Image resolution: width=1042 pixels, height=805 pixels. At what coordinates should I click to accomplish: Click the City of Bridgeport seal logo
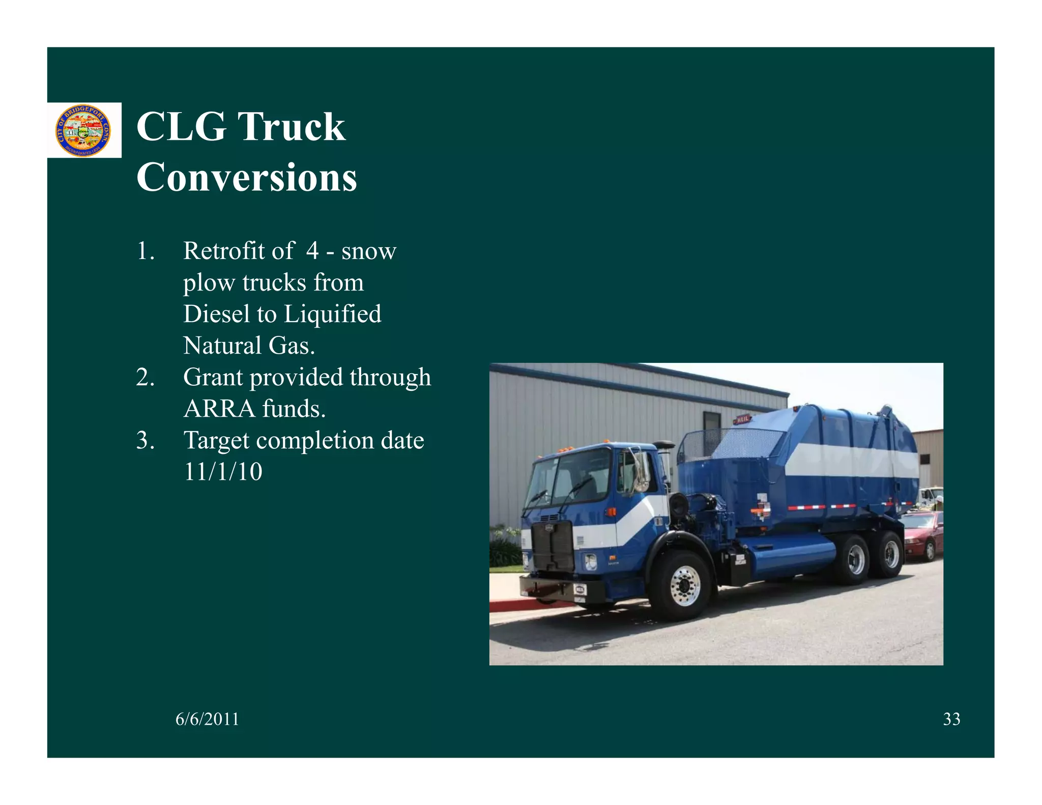[83, 130]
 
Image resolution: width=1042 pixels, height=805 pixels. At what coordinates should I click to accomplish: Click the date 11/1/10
[223, 472]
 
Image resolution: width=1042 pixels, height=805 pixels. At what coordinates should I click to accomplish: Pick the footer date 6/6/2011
[207, 719]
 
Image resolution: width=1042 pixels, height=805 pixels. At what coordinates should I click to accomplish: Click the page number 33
[951, 719]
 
